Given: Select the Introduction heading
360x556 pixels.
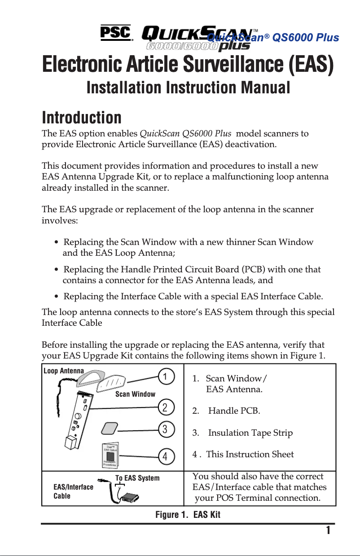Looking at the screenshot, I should click(x=82, y=118).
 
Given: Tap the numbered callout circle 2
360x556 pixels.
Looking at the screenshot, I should click(x=165, y=407).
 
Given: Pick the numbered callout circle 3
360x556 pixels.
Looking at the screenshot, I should click(x=165, y=429).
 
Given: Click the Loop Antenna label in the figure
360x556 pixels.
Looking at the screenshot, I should click(x=63, y=371).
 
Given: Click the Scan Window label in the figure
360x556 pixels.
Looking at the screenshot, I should click(x=135, y=394).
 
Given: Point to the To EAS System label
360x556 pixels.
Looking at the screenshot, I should click(x=137, y=478).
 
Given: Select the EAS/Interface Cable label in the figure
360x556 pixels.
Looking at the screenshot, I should click(x=73, y=491).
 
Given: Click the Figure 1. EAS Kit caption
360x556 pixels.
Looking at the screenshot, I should click(x=188, y=514).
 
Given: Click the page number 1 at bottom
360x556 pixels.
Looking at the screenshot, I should click(x=328, y=530).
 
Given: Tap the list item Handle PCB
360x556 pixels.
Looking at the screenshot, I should click(x=233, y=410).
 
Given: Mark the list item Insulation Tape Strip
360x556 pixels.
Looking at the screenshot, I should click(x=250, y=433).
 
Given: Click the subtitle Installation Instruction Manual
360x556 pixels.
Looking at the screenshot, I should click(x=188, y=88).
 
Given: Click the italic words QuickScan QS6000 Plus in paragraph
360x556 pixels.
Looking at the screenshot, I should click(x=186, y=134).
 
